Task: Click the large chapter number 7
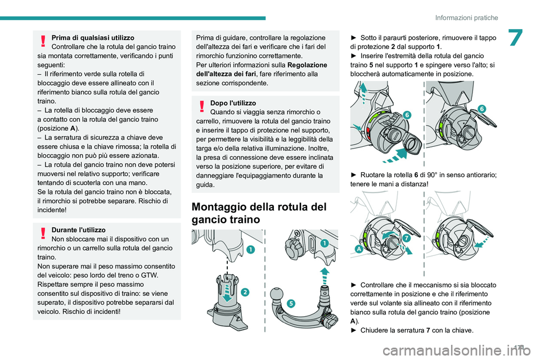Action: pos(516,38)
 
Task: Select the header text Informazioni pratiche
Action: pos(466,17)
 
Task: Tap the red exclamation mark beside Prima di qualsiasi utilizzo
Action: pos(43,40)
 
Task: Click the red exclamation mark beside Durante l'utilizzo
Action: pos(43,233)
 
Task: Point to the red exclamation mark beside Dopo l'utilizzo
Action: pos(202,106)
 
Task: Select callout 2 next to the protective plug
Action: pos(245,292)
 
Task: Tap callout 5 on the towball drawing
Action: pos(291,303)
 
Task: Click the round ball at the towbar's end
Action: pos(277,295)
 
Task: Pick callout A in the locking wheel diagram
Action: pos(359,249)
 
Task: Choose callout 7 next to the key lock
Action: pos(406,238)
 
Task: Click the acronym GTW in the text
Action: pos(150,275)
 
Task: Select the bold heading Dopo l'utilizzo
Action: pos(233,103)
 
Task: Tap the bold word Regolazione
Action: pos(307,65)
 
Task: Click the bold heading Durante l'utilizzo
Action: pos(79,229)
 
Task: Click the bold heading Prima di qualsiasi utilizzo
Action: pos(93,38)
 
